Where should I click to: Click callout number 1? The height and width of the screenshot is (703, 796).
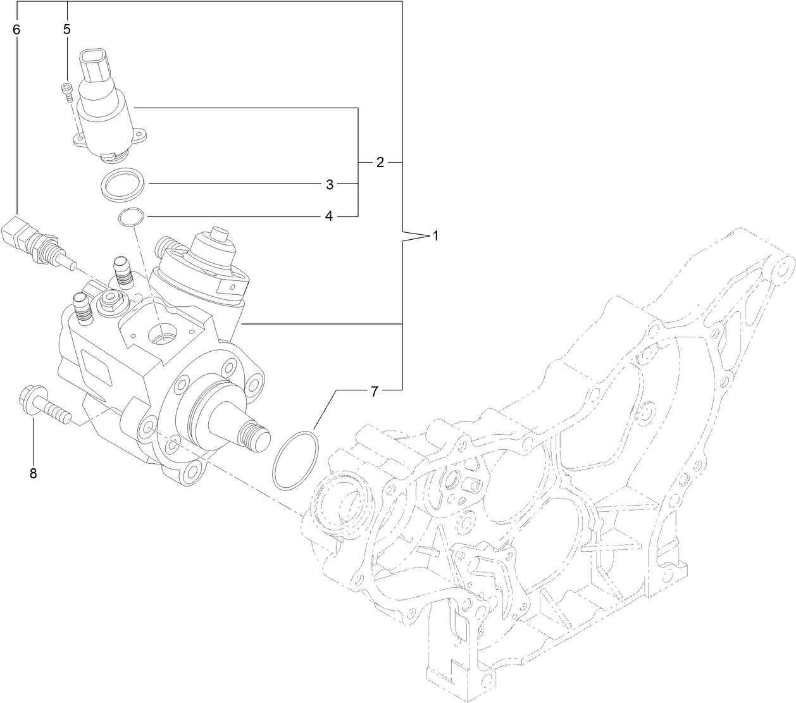435,236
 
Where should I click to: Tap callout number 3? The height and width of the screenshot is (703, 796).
329,185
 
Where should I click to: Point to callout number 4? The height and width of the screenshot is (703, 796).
328,216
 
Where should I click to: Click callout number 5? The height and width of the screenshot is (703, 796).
66,29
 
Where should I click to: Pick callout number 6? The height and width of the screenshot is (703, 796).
16,29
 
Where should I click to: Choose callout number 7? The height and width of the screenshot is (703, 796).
374,392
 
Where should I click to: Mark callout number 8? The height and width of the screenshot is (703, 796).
33,473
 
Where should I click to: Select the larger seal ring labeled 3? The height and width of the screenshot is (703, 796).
123,184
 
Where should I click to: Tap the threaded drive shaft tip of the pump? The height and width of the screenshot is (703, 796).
255,434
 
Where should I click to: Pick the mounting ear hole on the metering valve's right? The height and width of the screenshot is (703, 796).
140,134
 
